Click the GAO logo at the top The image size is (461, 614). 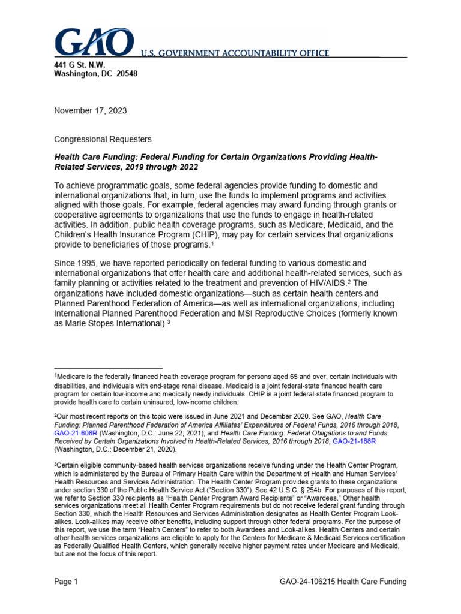click(x=95, y=42)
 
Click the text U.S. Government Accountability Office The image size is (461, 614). click(x=235, y=53)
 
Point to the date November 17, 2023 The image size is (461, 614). click(x=91, y=110)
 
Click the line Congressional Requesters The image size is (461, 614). click(x=103, y=139)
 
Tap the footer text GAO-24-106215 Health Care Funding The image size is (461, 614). click(x=343, y=582)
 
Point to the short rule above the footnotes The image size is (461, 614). click(x=108, y=368)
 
